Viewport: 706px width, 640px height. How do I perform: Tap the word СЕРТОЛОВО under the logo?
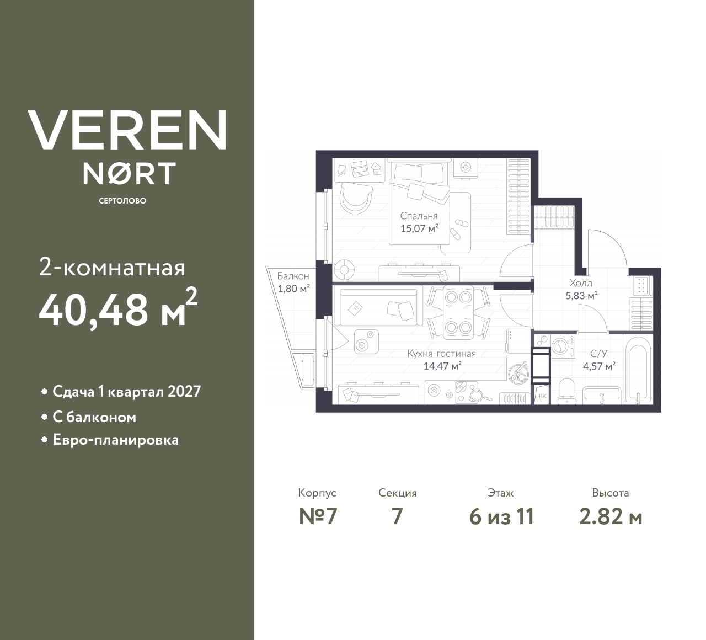coord(122,201)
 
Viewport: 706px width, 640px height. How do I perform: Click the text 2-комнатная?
coord(112,268)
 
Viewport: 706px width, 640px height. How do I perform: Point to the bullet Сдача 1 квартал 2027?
coord(126,392)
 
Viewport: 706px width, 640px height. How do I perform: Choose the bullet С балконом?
coord(94,417)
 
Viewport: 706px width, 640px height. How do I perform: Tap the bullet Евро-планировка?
coord(115,440)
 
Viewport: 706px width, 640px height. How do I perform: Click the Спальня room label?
coord(419,216)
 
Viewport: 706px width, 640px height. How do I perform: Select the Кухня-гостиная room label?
coord(441,354)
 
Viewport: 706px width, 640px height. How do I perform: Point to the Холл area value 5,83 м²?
coord(581,295)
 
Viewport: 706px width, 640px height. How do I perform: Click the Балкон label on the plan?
coord(293,276)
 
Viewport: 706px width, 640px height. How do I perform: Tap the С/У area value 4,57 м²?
coord(599,365)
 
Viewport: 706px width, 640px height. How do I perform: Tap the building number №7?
coord(318,516)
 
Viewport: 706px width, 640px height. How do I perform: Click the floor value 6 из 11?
coord(501,516)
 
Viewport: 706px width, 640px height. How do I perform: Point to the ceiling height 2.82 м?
coord(611,516)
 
